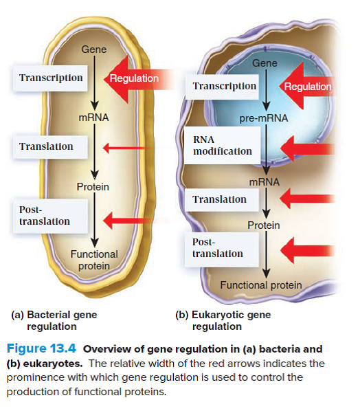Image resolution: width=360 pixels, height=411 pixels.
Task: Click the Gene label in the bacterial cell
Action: (93, 49)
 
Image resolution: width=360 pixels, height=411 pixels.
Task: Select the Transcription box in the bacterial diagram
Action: (52, 78)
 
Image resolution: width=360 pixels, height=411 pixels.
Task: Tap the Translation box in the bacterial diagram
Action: (46, 146)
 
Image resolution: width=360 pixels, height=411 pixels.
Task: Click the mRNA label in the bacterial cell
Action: (93, 118)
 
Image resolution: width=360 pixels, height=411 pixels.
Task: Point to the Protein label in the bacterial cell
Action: (93, 186)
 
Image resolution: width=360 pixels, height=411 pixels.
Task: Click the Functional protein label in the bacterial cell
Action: (93, 260)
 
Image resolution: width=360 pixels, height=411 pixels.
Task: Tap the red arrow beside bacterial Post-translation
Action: (124, 220)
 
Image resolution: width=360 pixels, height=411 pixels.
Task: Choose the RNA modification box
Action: (222, 145)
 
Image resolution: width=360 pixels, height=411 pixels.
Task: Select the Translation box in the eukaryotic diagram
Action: (219, 199)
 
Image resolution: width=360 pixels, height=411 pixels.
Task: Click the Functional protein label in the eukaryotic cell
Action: (260, 285)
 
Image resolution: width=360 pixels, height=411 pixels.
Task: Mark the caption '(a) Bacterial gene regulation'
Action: (55, 320)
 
